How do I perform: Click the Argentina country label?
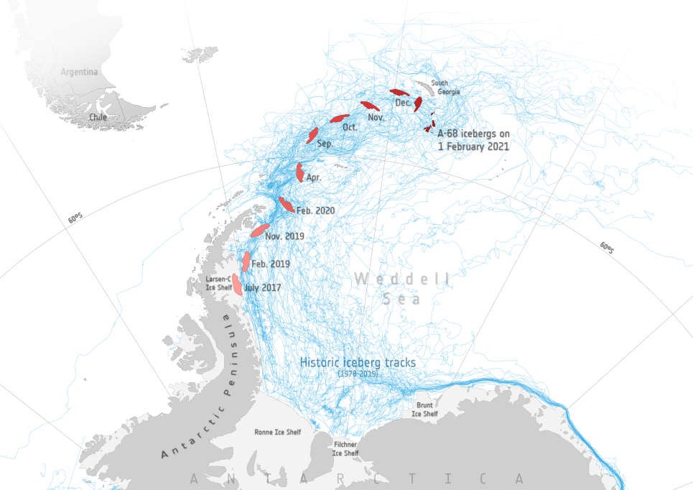pos(79,73)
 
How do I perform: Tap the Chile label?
pos(98,116)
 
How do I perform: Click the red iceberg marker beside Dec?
pos(418,104)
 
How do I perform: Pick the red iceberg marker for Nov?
pos(370,106)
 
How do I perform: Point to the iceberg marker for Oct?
pos(340,118)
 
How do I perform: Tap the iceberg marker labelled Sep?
pos(312,134)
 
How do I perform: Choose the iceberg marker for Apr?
pos(299,172)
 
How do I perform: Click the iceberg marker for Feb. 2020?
pos(286,204)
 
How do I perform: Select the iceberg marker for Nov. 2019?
pos(259,230)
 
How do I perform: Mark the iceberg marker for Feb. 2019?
pos(246,261)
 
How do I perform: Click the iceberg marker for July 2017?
pos(237,285)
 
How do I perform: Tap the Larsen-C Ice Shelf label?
pos(218,283)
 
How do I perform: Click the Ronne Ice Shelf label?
pos(278,433)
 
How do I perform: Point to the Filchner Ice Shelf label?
pos(345,448)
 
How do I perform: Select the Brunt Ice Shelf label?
pos(424,409)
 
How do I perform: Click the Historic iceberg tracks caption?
pos(357,364)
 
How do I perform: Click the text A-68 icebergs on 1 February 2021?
pos(473,139)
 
